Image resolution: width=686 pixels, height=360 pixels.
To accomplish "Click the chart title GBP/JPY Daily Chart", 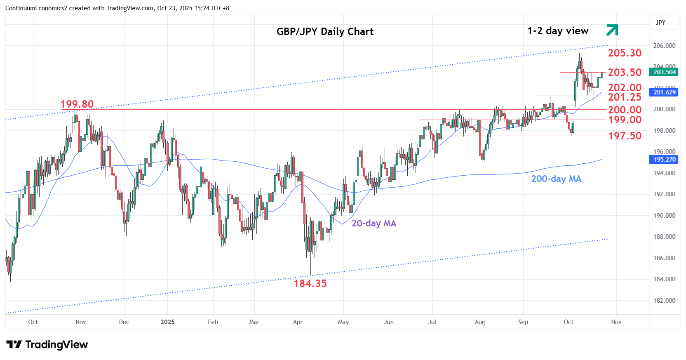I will point(325,32).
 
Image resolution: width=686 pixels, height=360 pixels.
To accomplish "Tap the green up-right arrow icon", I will point(612,30).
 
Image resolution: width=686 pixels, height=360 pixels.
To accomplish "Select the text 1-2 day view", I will point(558,31).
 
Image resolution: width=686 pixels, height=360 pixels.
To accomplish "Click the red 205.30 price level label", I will point(625,53).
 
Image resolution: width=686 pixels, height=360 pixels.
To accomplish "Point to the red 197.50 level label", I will point(625,136).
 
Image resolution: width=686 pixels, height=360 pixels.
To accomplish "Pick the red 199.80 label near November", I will point(77,104).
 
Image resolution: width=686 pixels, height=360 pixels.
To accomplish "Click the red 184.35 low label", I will point(310,284).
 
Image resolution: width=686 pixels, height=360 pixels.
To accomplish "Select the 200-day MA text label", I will point(556,179).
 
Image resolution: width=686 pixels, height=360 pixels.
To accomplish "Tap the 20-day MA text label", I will point(374,224).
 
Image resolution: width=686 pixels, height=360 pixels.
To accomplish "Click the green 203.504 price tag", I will point(664,72).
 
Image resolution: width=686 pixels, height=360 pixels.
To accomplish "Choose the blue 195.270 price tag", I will point(664,160).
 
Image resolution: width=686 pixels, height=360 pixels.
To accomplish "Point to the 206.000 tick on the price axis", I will point(664,46).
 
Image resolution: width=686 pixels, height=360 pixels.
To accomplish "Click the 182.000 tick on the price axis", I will point(664,301).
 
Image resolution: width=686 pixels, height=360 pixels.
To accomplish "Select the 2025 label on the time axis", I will point(167,322).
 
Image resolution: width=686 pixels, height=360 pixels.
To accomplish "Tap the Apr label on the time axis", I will point(298,322).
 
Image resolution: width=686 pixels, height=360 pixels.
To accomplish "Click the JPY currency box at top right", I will point(661,23).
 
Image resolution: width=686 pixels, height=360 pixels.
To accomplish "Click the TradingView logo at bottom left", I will point(47,345).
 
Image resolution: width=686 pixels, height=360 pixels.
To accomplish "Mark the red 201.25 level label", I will point(625,97).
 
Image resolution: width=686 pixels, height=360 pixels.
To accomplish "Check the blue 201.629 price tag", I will point(664,92).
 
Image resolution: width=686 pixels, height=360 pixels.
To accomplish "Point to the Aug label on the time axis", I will point(480,322).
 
